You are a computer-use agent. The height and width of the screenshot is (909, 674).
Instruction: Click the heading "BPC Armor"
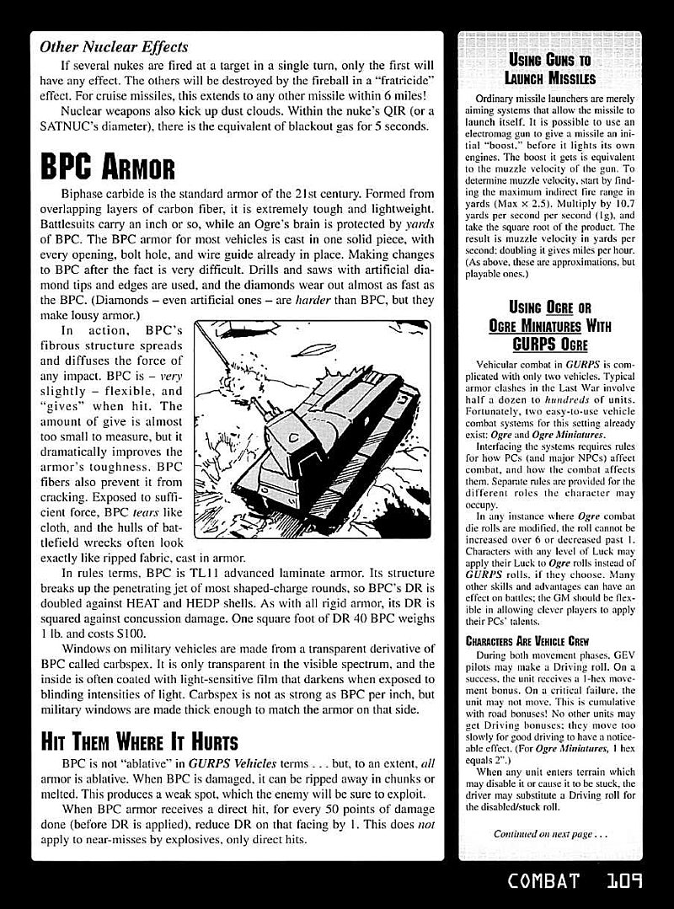(x=107, y=167)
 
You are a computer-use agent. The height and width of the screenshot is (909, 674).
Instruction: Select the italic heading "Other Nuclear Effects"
(x=114, y=47)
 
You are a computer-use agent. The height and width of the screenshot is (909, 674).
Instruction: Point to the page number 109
(x=624, y=882)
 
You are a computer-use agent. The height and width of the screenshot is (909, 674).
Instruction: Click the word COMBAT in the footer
(x=544, y=882)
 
